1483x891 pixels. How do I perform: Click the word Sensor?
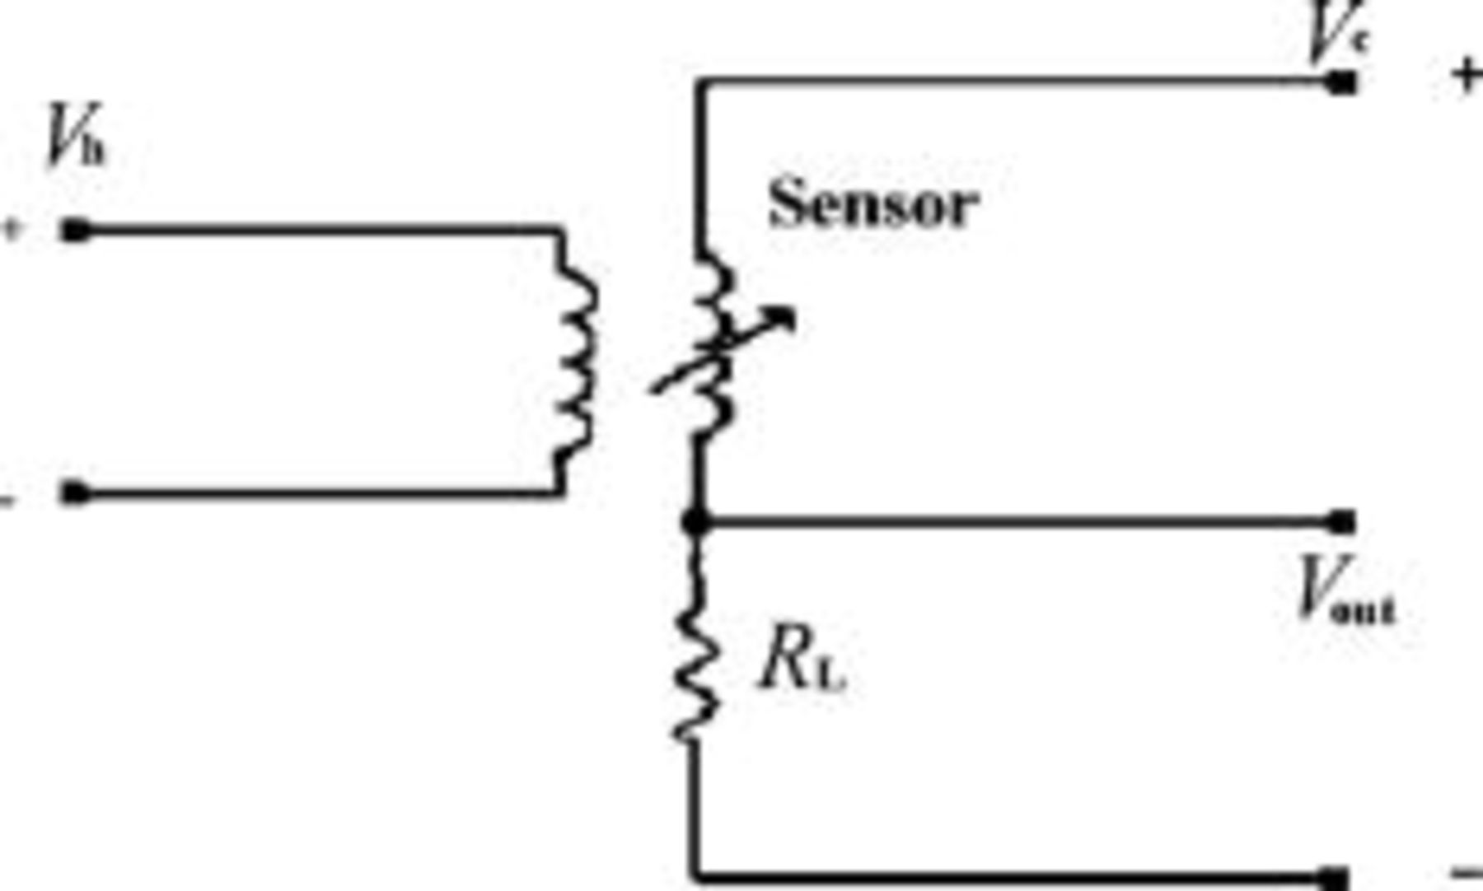coord(873,203)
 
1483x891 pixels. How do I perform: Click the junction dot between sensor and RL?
coord(696,521)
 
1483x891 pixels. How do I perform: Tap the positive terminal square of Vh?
coord(76,230)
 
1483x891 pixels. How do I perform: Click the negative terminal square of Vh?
coord(76,493)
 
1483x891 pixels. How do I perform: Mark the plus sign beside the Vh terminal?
coord(12,229)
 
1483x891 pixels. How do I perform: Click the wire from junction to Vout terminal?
coord(1013,521)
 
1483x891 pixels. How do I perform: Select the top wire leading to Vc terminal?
coord(1013,82)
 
